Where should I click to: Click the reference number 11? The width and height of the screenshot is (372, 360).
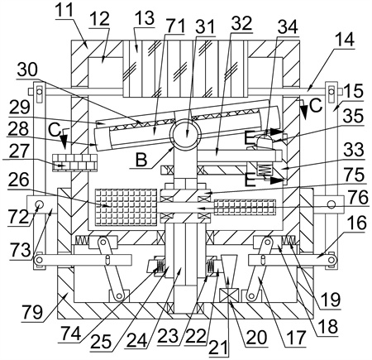(x=64, y=10)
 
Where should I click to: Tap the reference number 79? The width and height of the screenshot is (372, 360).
(x=33, y=312)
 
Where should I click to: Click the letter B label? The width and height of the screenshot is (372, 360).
(x=141, y=159)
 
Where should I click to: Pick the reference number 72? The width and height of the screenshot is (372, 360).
(x=18, y=217)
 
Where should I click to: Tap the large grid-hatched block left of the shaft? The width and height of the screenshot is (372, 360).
(x=126, y=206)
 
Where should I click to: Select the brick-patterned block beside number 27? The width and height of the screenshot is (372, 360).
(x=74, y=162)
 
